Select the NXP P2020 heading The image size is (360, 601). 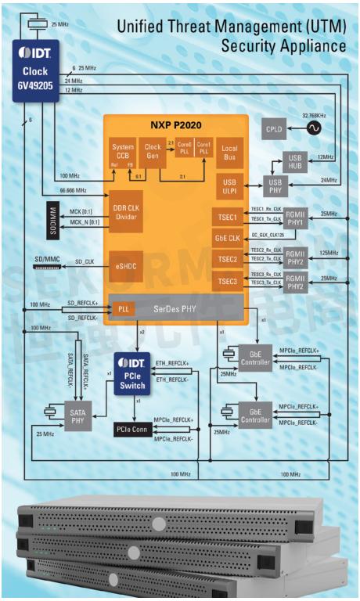pos(176,124)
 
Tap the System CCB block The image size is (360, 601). pos(122,153)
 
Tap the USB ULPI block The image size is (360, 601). pos(229,184)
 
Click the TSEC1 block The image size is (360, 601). pos(228,215)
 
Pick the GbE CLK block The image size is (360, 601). pos(228,237)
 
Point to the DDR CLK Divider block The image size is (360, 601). pos(126,211)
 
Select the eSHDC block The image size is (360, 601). pos(126,265)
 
